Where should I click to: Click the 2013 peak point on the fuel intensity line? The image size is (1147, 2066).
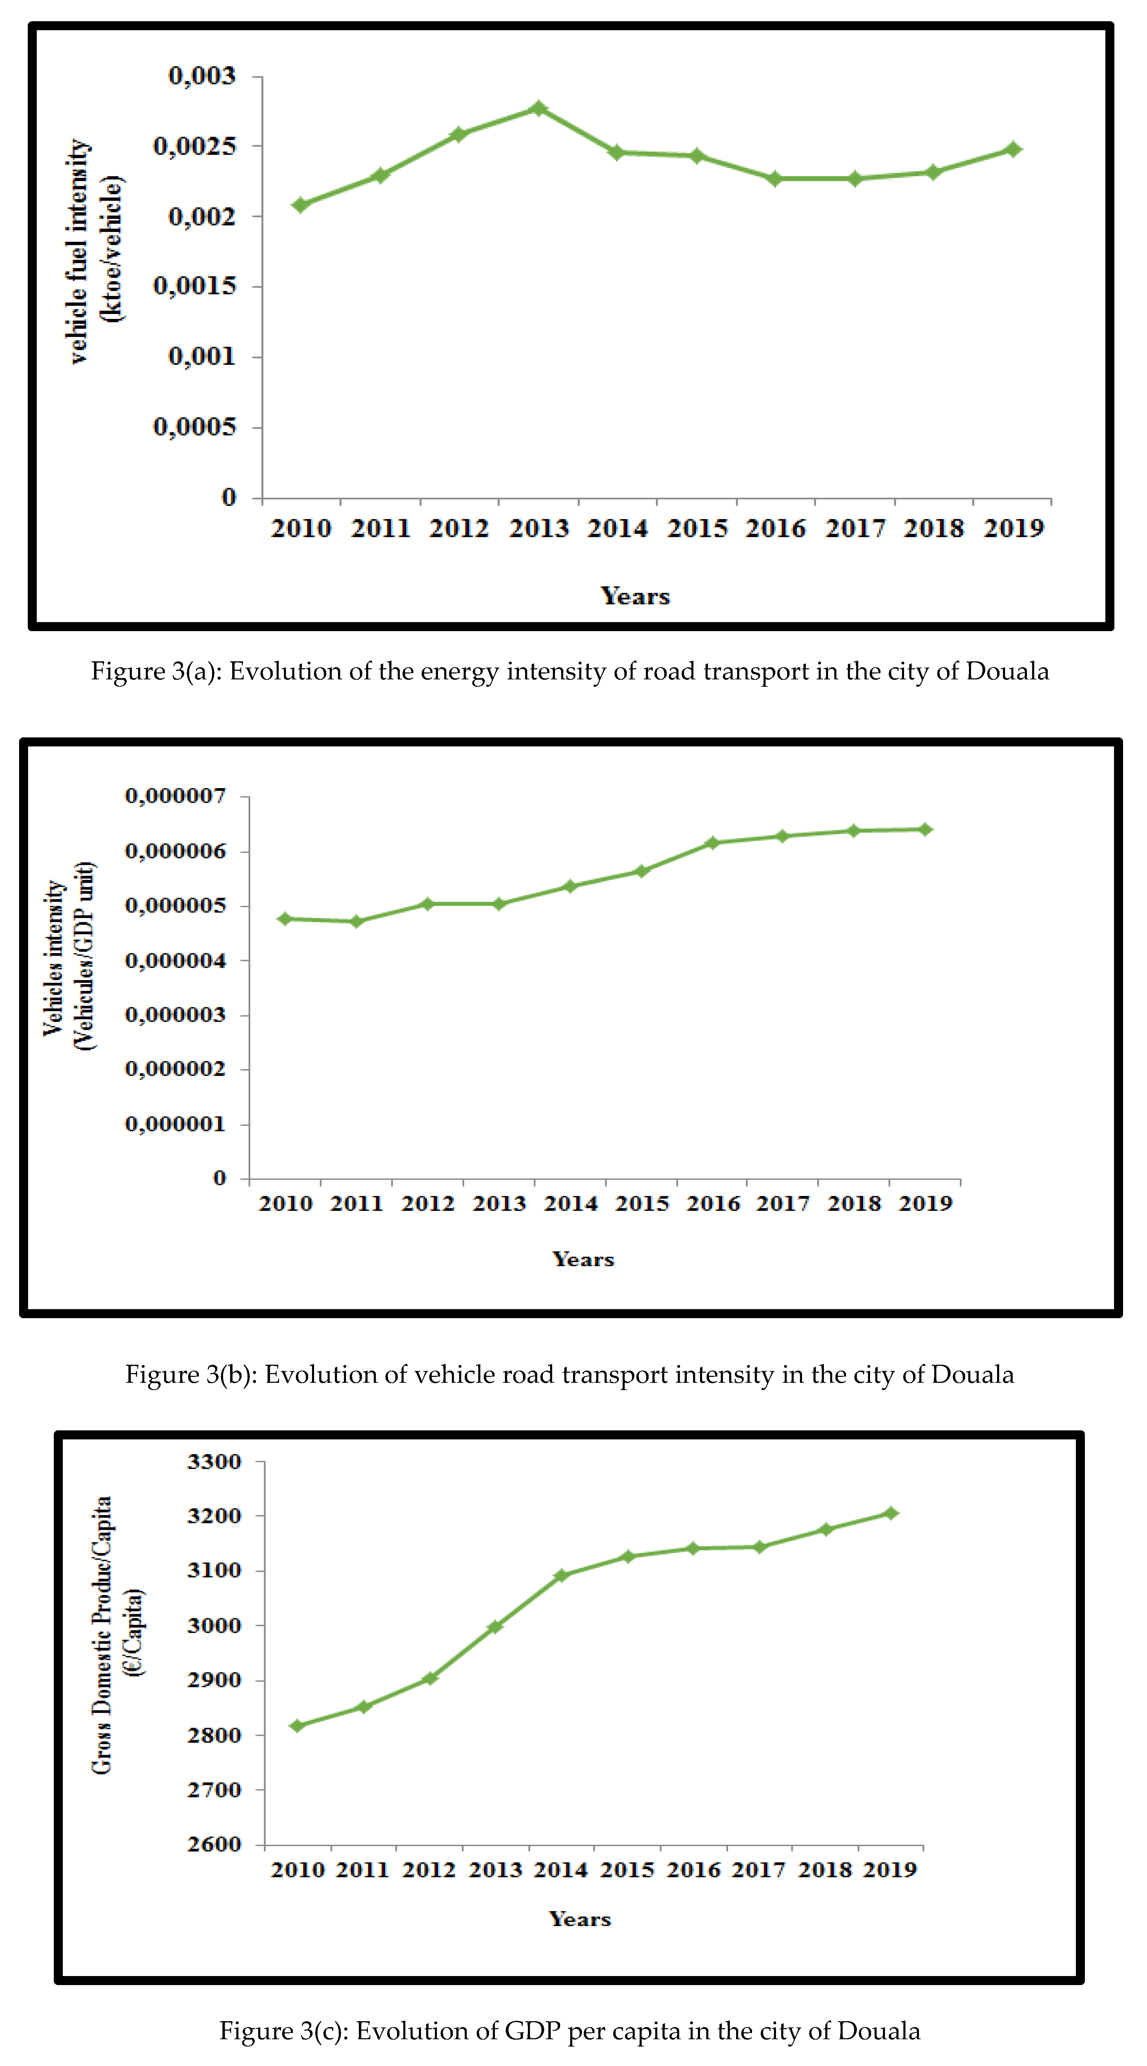(x=539, y=108)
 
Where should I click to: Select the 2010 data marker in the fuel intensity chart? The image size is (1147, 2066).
(x=301, y=205)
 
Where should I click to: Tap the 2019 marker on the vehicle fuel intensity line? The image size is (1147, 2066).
(x=1013, y=149)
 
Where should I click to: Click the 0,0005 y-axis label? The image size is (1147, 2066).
(x=195, y=427)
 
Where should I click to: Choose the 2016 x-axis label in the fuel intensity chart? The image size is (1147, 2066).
(x=775, y=529)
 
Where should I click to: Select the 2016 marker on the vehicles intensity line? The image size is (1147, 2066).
(x=712, y=843)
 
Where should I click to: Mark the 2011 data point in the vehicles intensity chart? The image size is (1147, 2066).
(x=357, y=922)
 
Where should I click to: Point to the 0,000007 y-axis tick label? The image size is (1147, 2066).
(x=176, y=796)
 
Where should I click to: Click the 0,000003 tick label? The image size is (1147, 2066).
(x=176, y=1015)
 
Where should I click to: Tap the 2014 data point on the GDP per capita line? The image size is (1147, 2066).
(x=561, y=1575)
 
